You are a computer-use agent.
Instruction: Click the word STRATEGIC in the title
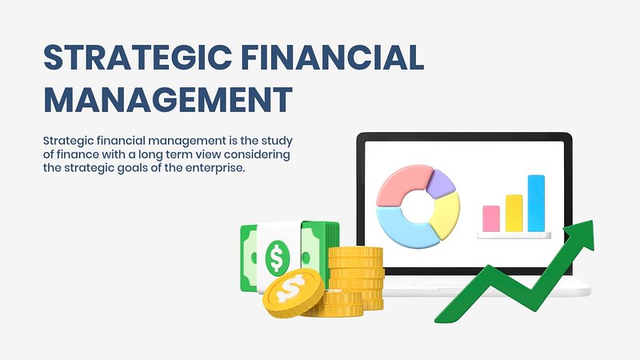[x=138, y=58]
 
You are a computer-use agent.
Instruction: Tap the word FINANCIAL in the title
[x=333, y=58]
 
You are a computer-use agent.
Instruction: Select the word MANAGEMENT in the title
[x=168, y=99]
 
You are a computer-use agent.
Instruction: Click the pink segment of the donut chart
[x=402, y=184]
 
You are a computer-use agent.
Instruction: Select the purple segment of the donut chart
[x=442, y=183]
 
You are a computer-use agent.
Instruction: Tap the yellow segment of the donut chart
[x=446, y=215]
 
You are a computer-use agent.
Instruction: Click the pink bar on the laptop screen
[x=491, y=218]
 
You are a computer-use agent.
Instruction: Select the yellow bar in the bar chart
[x=514, y=213]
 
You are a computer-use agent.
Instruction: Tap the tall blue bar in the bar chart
[x=536, y=203]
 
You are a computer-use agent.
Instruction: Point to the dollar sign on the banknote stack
[x=277, y=258]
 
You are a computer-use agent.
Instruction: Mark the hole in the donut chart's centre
[x=418, y=206]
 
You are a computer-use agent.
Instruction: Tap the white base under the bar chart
[x=514, y=235]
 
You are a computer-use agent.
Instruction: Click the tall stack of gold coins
[x=356, y=278]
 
